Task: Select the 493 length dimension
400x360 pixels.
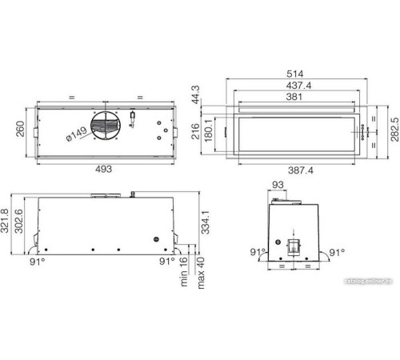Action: tap(104, 170)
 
